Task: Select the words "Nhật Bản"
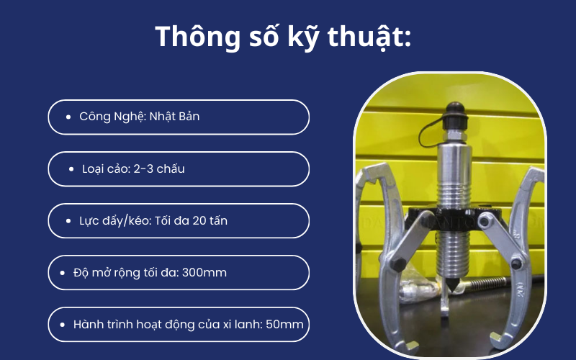pos(175,117)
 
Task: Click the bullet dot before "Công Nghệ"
pos(68,117)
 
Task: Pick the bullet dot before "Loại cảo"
pos(73,169)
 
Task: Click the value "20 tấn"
pos(209,221)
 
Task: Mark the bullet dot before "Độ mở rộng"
pos(62,274)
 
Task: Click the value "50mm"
pos(284,325)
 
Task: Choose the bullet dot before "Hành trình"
pos(62,325)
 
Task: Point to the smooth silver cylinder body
pos(450,158)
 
